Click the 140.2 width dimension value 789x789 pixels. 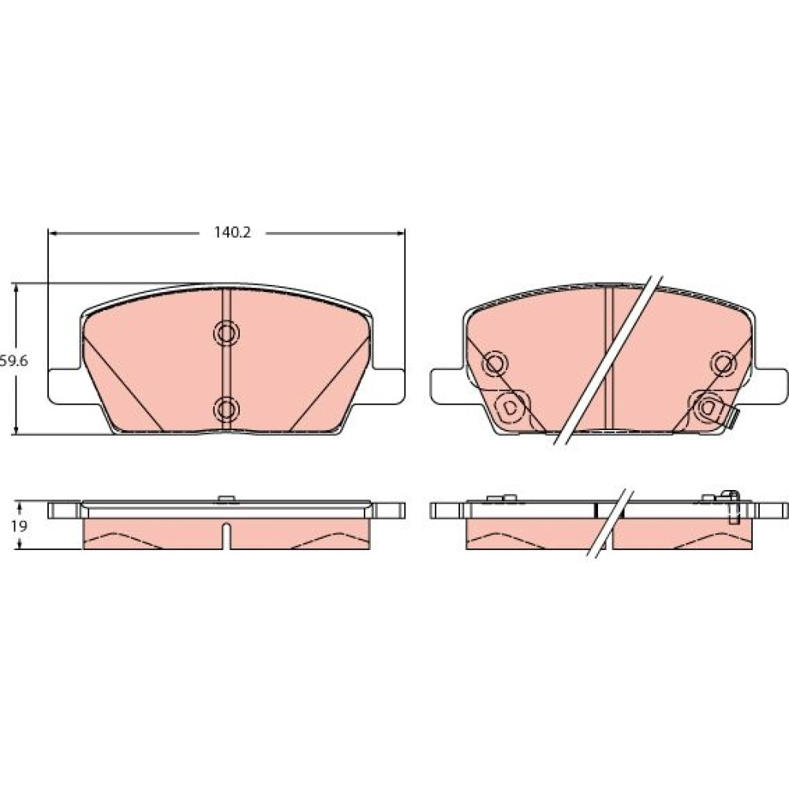tap(233, 233)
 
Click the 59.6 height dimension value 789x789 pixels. tap(14, 361)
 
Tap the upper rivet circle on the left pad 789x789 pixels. tap(226, 333)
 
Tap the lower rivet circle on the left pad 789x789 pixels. tap(226, 409)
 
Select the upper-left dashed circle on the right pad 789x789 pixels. tap(495, 362)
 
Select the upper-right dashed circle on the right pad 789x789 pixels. tap(724, 362)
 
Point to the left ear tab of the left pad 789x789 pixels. tap(65, 386)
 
